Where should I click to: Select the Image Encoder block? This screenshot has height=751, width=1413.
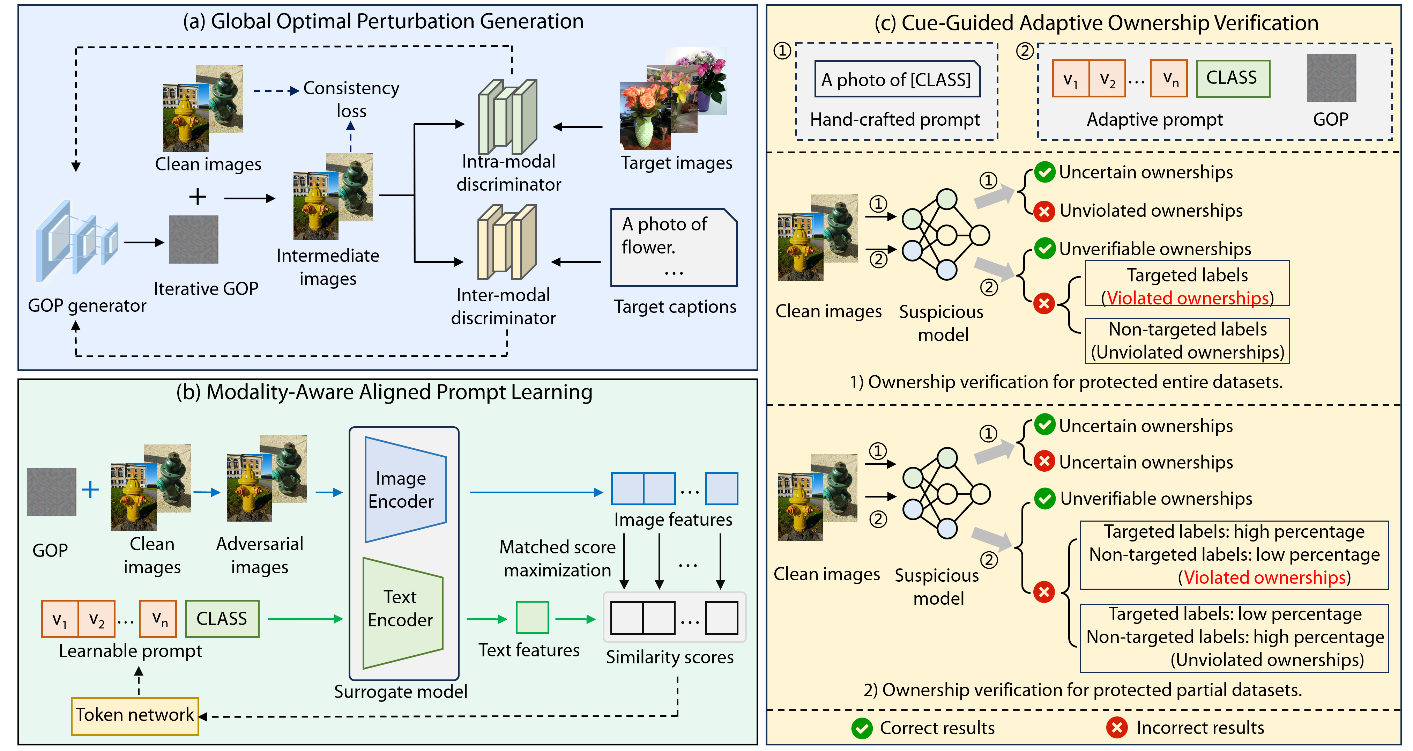point(405,490)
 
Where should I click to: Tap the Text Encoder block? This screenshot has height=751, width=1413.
point(402,612)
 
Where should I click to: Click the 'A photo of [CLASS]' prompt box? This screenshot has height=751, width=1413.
point(897,80)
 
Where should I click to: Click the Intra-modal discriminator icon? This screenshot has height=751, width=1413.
point(507,117)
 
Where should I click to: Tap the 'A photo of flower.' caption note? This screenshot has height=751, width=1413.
point(674,247)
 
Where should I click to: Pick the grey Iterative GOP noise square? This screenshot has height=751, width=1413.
point(194,240)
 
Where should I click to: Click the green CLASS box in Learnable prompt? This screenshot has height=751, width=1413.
point(222,619)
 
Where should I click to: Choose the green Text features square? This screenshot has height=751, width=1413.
point(532,618)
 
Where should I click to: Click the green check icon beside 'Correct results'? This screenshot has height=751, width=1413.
point(862,729)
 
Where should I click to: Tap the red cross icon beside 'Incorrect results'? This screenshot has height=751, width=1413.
point(1117,728)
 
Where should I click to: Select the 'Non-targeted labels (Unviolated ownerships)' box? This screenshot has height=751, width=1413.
point(1187,341)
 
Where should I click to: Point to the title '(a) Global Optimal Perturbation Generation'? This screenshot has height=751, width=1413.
point(383,21)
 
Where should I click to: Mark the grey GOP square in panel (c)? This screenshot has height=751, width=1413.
point(1331,78)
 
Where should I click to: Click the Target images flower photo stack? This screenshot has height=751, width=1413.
point(674,99)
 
